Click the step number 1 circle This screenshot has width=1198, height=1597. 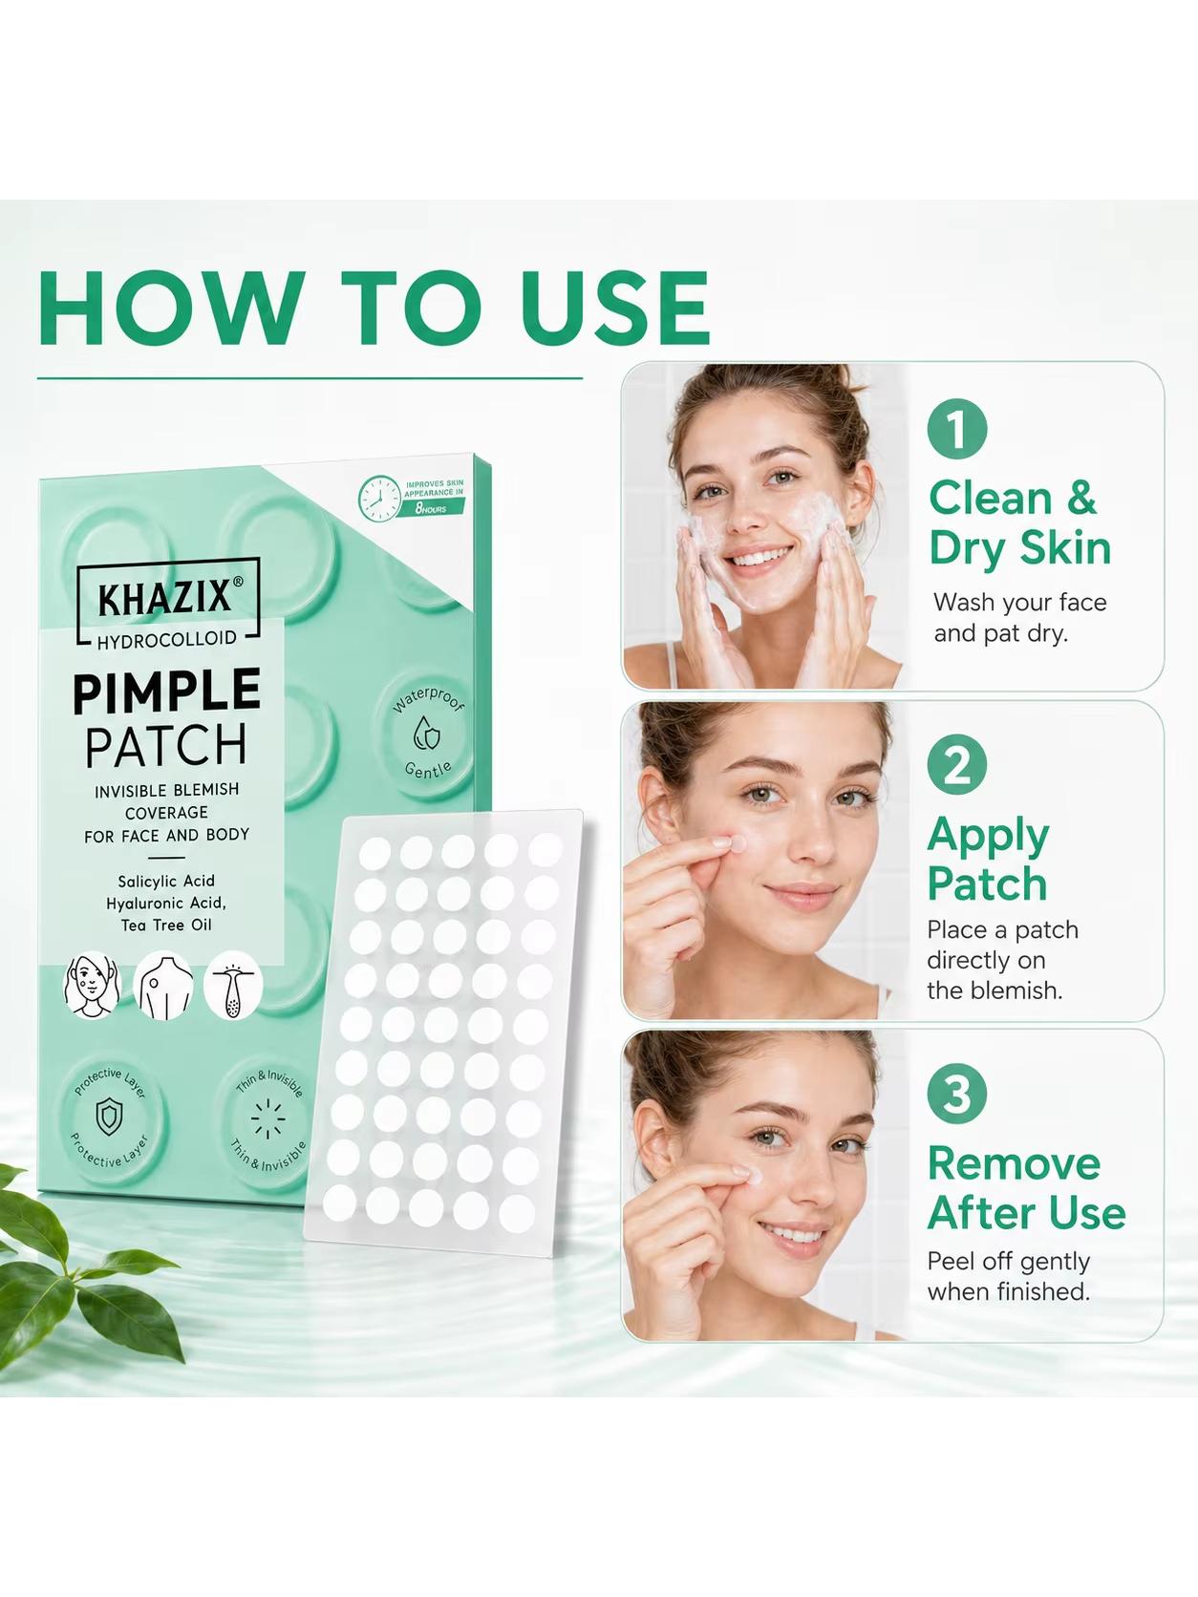click(x=956, y=429)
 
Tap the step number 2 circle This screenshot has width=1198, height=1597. click(x=956, y=766)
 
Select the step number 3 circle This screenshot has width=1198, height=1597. click(x=956, y=1094)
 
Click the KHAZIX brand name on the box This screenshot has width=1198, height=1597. click(x=166, y=599)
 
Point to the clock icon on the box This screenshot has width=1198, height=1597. click(x=379, y=500)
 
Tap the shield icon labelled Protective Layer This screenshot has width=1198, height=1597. click(x=109, y=1117)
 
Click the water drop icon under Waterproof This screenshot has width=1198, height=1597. click(x=426, y=735)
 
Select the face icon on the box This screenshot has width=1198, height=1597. click(x=92, y=985)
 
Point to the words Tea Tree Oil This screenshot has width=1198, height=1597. click(x=166, y=926)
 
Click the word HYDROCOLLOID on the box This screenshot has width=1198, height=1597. click(x=166, y=638)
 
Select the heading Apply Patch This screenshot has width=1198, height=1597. click(x=988, y=860)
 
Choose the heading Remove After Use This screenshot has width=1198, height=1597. click(x=1026, y=1187)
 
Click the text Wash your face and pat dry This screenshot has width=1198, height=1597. click(x=1019, y=618)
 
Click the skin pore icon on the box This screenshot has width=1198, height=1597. click(x=233, y=986)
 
